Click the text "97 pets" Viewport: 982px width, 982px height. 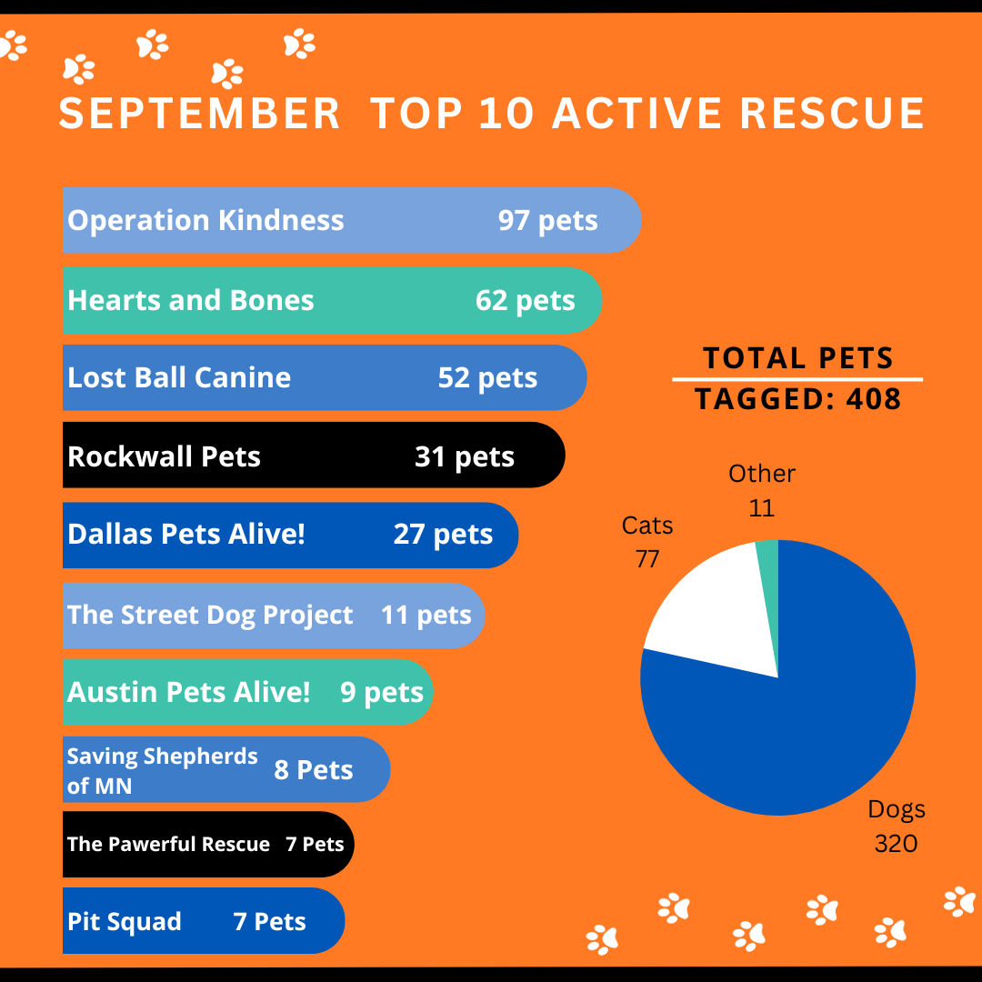pyautogui.click(x=547, y=220)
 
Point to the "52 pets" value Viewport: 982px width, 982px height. pyautogui.click(x=487, y=377)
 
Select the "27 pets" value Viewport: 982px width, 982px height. pyautogui.click(x=443, y=534)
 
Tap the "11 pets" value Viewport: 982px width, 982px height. pyautogui.click(x=426, y=615)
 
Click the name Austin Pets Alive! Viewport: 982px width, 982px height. pyautogui.click(x=188, y=692)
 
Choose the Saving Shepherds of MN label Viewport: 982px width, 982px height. pyautogui.click(x=162, y=770)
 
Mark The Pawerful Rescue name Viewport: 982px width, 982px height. pyautogui.click(x=168, y=845)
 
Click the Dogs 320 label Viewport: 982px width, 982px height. pyautogui.click(x=896, y=826)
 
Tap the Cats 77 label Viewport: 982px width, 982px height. pyautogui.click(x=647, y=542)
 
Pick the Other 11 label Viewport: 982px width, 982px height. pyautogui.click(x=762, y=490)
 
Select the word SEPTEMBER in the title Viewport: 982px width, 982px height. pyautogui.click(x=199, y=115)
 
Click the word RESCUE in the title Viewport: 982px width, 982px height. pyautogui.click(x=831, y=115)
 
